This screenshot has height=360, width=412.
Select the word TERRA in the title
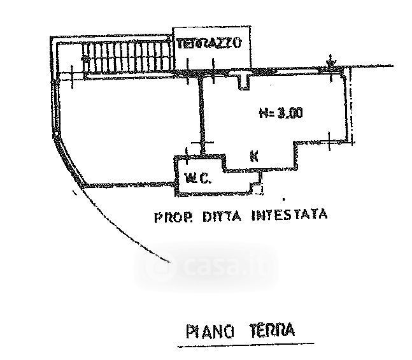coord(271,330)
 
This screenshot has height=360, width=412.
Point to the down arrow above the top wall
coord(330,62)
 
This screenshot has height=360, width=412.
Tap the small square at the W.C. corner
coord(257,187)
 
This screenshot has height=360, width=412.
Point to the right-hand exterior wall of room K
coord(350,105)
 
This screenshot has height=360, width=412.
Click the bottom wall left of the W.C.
coord(127,187)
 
